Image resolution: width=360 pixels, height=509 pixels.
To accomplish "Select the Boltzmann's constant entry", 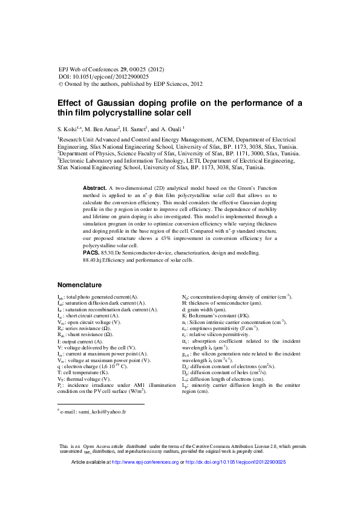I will tap(211, 316).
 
